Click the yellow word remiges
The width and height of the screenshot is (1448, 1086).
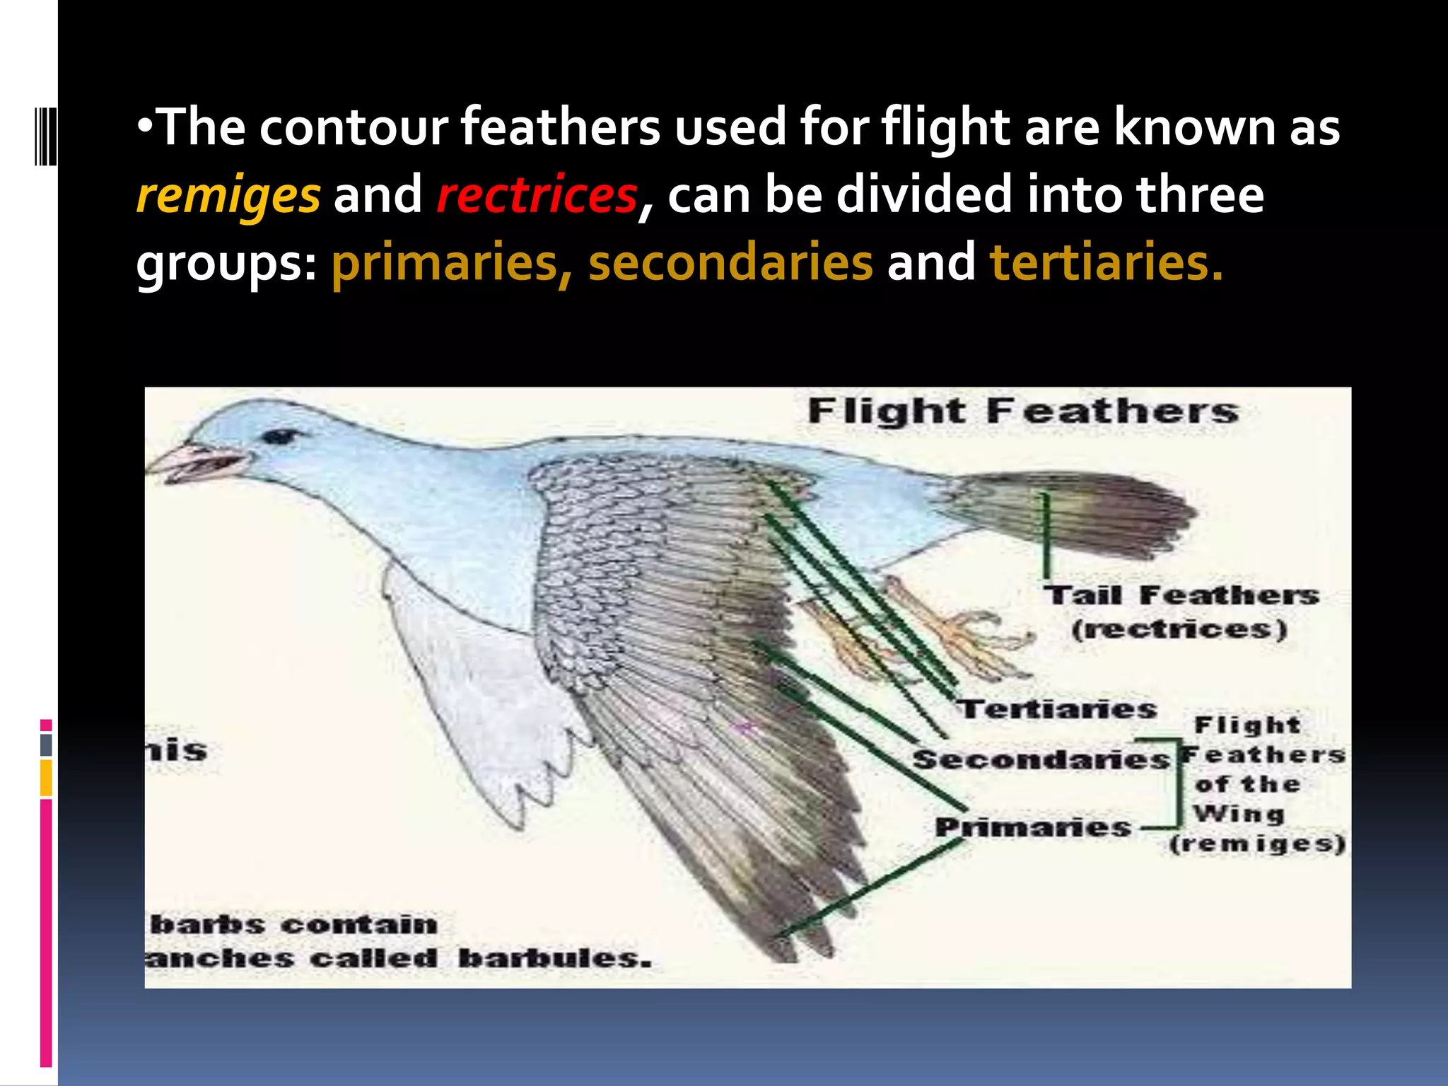(228, 195)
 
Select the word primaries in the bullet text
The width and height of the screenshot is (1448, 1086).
(445, 262)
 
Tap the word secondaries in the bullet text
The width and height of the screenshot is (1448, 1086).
(730, 262)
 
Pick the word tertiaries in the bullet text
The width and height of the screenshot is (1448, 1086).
(1105, 262)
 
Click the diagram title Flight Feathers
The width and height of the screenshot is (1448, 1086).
(1022, 411)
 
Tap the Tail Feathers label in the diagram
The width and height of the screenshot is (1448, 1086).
(1181, 595)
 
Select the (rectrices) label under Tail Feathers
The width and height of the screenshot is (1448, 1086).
(1179, 629)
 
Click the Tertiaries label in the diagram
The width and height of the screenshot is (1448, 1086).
(1058, 709)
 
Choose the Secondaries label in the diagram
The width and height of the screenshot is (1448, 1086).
(1040, 760)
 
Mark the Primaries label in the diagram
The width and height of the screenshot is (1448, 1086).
(1033, 827)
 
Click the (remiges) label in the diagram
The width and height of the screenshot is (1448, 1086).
(1257, 844)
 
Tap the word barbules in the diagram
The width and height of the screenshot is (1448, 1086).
(554, 959)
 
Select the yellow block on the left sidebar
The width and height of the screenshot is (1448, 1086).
(46, 778)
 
